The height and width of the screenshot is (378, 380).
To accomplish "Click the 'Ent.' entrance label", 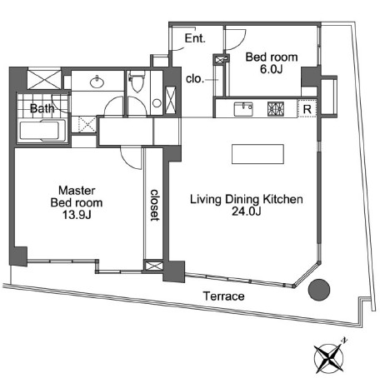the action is [195, 38].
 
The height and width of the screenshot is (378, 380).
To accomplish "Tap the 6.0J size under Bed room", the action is [271, 69].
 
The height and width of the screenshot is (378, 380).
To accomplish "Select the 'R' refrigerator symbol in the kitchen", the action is [307, 109].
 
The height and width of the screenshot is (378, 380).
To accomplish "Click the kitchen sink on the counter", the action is [243, 109].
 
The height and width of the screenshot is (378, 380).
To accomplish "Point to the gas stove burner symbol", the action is [276, 109].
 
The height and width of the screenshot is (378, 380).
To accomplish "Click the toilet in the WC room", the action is [137, 82].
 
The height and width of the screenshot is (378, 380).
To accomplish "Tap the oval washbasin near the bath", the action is [97, 82].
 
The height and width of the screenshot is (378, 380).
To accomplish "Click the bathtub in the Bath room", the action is [42, 131].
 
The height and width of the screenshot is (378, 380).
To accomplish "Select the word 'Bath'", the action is [42, 108].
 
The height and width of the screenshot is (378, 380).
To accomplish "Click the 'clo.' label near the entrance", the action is [195, 79].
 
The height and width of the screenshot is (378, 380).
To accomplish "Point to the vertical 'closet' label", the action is [154, 205].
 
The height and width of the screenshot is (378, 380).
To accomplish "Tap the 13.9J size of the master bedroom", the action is [77, 215].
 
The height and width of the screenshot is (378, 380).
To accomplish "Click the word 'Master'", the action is [77, 191].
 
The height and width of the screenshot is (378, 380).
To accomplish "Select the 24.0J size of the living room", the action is [247, 211].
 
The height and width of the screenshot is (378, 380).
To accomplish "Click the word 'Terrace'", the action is [223, 296].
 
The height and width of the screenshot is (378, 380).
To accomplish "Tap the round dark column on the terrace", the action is [319, 290].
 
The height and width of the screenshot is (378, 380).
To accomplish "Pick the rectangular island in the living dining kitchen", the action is [257, 154].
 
